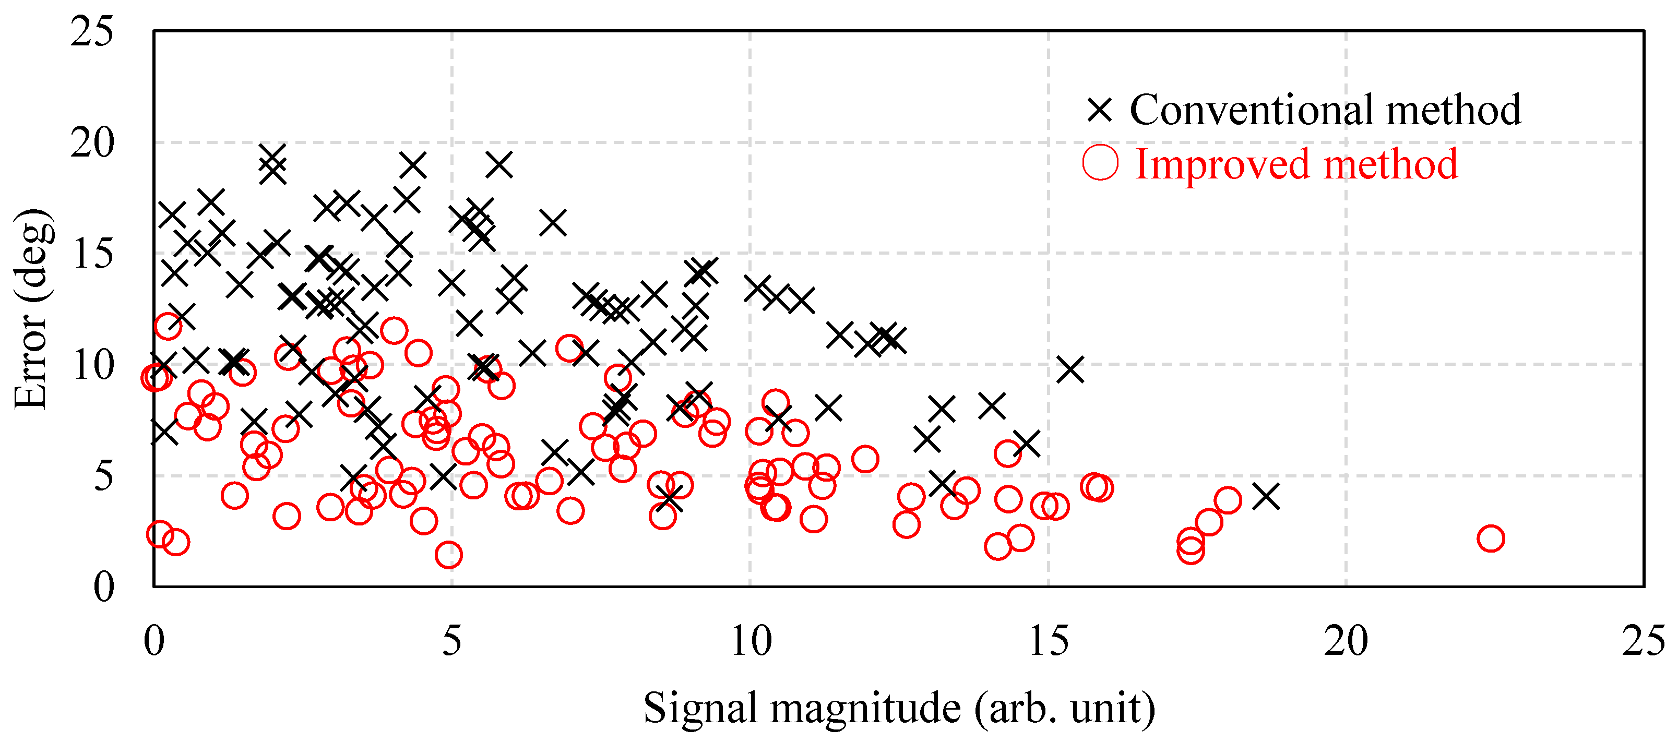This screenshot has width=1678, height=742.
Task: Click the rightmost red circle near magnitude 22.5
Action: tap(1491, 538)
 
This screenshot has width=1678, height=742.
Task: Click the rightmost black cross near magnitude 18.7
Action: tap(1266, 496)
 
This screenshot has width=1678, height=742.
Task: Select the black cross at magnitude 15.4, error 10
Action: tap(1070, 369)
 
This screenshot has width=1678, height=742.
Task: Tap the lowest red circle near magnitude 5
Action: tap(448, 554)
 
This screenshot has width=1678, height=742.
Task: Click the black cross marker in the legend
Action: tap(1100, 110)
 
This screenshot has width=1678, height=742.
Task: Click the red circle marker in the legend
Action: tap(1100, 163)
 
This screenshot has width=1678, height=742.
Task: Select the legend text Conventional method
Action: tap(1325, 110)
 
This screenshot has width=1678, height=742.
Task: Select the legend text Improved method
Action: tap(1296, 164)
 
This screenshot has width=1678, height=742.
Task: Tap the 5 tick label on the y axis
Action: tap(103, 476)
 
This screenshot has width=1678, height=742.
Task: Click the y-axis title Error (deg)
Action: tap(31, 309)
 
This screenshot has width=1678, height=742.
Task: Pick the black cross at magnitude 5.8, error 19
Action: tap(499, 165)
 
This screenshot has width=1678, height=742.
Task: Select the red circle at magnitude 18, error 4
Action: tap(1227, 500)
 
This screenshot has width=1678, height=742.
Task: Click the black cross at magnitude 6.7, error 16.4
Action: tap(553, 223)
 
